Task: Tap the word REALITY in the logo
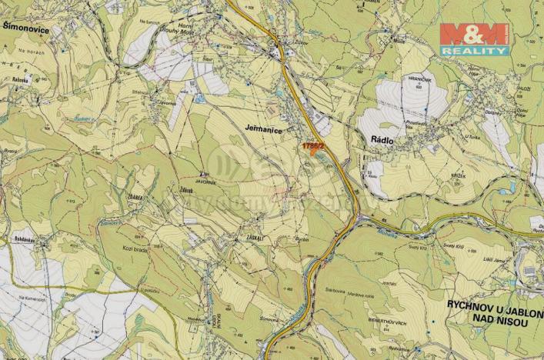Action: tap(474, 51)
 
